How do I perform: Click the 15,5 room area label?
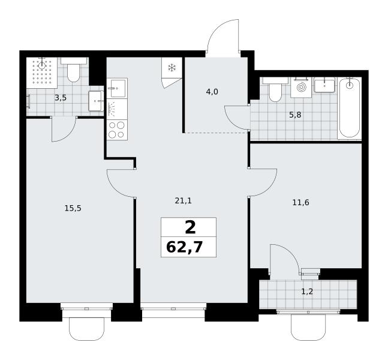tap(73, 208)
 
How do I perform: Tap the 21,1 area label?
tap(184, 201)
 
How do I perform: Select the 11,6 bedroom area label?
tap(300, 203)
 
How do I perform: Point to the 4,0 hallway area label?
tap(212, 92)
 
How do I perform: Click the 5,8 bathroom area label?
tap(295, 115)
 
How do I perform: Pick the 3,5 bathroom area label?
tap(61, 98)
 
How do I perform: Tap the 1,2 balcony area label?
tap(307, 292)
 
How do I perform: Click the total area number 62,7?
tap(185, 247)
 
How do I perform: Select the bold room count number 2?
tap(190, 228)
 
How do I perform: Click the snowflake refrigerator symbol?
tap(172, 68)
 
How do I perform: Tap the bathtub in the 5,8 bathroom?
tap(349, 107)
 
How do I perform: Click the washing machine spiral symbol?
tap(301, 87)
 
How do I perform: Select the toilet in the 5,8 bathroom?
tap(275, 89)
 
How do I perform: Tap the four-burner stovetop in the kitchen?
tap(117, 130)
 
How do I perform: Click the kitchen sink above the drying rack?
tap(117, 88)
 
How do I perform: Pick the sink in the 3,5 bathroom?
tap(96, 101)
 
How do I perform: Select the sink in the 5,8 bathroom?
tap(324, 85)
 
